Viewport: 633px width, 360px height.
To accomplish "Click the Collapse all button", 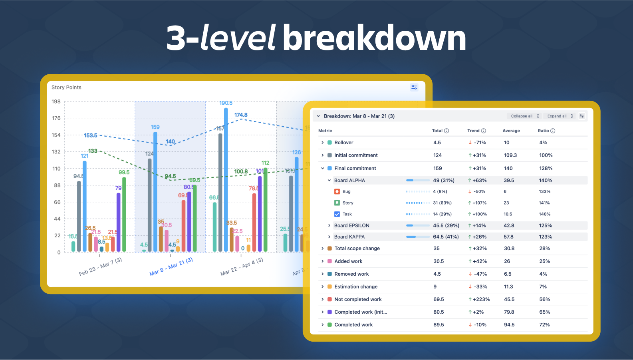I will pyautogui.click(x=525, y=116).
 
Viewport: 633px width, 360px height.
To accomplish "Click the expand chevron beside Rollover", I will pyautogui.click(x=323, y=143).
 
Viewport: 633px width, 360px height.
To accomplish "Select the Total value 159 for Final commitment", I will pyautogui.click(x=438, y=169).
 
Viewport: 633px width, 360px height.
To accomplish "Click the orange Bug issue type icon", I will pyautogui.click(x=337, y=192).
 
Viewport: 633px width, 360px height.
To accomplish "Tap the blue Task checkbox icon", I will pyautogui.click(x=337, y=214).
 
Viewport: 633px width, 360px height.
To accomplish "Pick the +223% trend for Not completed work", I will pyautogui.click(x=479, y=299).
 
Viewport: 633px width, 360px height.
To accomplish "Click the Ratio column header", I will pyautogui.click(x=543, y=131).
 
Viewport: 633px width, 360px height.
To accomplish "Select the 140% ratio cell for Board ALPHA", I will pyautogui.click(x=546, y=181).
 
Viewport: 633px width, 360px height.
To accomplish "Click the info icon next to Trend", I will pyautogui.click(x=484, y=131).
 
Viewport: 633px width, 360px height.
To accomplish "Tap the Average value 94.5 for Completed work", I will pyautogui.click(x=509, y=325).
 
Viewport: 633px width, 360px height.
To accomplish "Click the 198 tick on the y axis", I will pyautogui.click(x=56, y=101).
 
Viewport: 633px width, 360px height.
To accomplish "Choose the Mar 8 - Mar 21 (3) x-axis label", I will pyautogui.click(x=171, y=267).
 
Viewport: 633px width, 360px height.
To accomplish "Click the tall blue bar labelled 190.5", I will pyautogui.click(x=226, y=180).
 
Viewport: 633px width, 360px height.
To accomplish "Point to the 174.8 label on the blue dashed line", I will pyautogui.click(x=241, y=115).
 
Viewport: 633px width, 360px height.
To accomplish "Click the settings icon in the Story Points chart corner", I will pyautogui.click(x=414, y=88).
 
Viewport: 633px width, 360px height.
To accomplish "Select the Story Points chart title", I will pyautogui.click(x=66, y=88).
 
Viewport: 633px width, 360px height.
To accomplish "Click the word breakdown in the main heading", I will pyautogui.click(x=374, y=38).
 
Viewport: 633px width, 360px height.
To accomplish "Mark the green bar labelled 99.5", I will pyautogui.click(x=124, y=214).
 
